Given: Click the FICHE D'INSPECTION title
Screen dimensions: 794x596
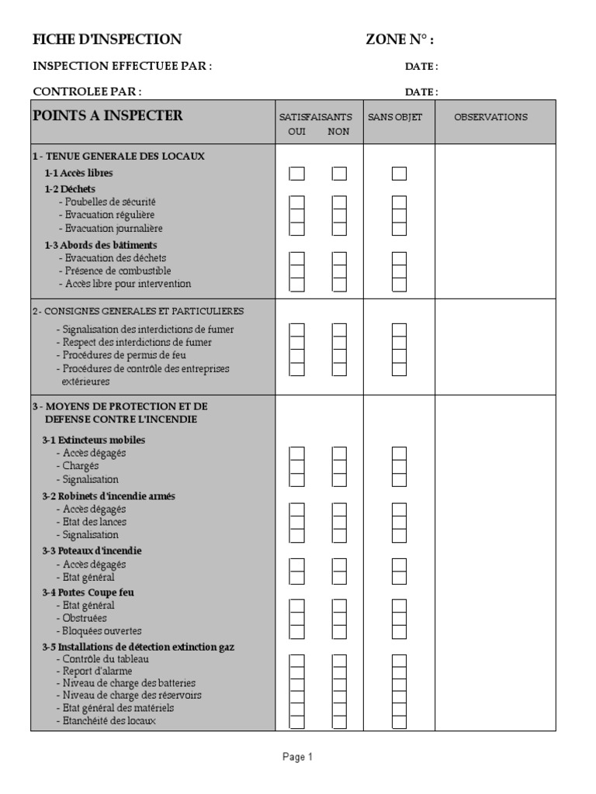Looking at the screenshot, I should pos(107,40).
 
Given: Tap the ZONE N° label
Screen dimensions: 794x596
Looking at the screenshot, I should pos(400,40).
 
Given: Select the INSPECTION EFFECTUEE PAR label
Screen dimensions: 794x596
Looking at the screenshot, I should pos(122,67).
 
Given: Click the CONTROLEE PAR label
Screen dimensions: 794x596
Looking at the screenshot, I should pos(87,91).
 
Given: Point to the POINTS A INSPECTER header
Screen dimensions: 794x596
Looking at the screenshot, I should pos(108,116).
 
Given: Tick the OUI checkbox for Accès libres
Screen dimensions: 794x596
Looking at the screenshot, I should pos(297,174).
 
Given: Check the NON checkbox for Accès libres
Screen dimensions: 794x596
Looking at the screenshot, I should pos(339,174).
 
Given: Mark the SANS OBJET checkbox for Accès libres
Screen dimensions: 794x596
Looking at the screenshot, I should pos(399,174).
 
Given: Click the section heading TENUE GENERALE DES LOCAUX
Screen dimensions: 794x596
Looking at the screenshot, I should pos(118,156).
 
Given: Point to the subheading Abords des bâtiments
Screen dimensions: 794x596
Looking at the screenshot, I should pos(101,245).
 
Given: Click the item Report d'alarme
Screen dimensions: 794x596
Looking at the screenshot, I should pos(97,671).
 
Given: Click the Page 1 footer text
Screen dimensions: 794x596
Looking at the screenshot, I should pos(297,758).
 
